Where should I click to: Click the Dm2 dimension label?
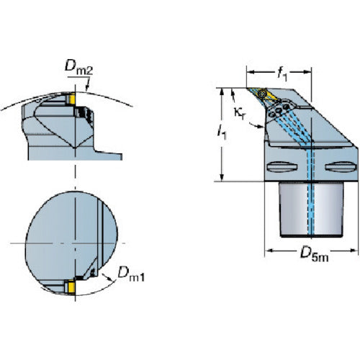tap(78, 66)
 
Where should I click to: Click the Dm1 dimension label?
tap(131, 274)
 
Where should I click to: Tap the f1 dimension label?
tap(282, 73)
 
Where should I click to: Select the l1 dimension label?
tap(222, 133)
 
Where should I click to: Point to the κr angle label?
tap(240, 113)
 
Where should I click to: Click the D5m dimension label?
tap(315, 254)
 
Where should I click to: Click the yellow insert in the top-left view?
tap(72, 99)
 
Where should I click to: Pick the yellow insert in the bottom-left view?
tap(72, 287)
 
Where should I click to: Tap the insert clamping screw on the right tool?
tap(263, 93)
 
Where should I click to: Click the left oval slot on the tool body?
tap(282, 167)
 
